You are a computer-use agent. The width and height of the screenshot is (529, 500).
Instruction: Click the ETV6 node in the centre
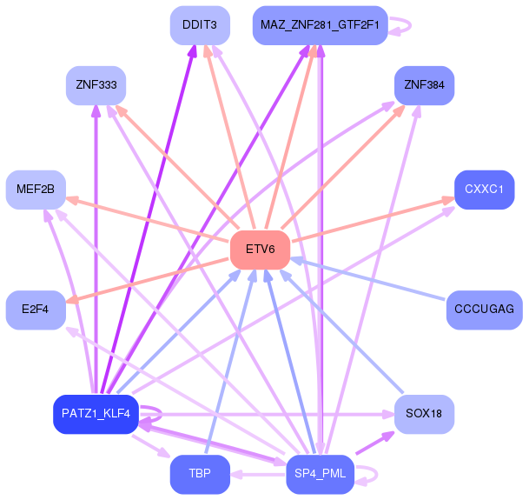259,250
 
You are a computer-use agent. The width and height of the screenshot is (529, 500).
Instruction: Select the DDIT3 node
199,25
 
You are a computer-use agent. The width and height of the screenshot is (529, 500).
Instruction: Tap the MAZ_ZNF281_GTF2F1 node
319,25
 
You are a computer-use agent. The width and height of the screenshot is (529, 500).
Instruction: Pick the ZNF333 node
96,85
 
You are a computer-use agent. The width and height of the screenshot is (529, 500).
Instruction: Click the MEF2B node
36,189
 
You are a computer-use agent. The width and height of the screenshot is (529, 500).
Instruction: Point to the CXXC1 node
484,189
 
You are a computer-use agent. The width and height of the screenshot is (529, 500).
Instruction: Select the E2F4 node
36,310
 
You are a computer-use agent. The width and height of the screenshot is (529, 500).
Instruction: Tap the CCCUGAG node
484,310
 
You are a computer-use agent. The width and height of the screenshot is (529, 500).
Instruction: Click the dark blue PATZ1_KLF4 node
96,413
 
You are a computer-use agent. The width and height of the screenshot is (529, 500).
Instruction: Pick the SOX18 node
424,413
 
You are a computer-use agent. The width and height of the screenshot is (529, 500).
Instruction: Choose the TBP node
199,474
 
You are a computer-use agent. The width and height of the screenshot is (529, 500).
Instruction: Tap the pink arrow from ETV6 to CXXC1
374,221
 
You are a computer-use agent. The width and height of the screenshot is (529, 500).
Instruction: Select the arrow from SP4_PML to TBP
259,475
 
